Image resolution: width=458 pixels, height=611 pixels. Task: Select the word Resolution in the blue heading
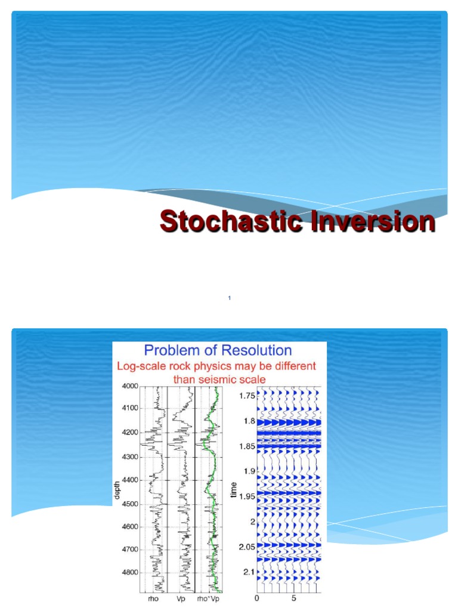253,350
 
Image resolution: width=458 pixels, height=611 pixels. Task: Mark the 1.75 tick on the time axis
247,396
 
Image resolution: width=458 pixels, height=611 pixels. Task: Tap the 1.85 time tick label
247,446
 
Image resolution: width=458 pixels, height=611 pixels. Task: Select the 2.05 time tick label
247,547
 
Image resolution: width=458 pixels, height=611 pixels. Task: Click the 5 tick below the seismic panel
293,597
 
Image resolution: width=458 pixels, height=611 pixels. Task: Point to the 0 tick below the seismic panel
257,597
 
